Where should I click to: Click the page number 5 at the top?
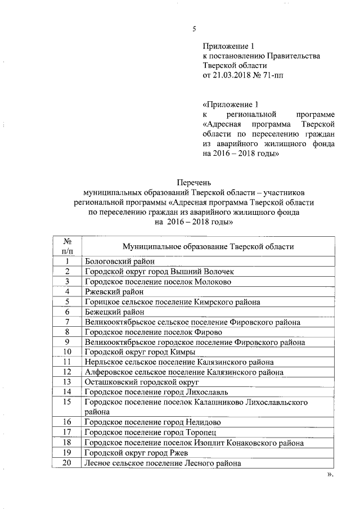[193, 29]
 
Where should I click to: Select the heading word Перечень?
[193, 182]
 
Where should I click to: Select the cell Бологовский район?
[119, 262]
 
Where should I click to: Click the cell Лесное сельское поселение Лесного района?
[163, 463]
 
